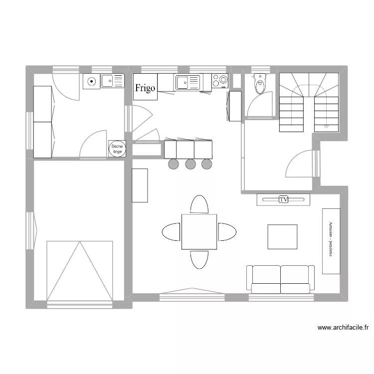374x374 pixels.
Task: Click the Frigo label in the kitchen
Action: coord(146,88)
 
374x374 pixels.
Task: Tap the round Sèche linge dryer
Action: coord(118,149)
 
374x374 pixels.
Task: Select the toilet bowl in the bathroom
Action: coord(259,86)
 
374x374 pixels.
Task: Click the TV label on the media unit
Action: coord(284,199)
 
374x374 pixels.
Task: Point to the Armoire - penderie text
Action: coord(331,241)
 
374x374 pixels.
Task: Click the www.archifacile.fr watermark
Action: coord(343,328)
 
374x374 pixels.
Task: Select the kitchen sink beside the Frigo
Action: coord(187,82)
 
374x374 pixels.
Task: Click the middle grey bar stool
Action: coord(190,164)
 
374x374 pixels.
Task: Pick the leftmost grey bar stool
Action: coord(173,164)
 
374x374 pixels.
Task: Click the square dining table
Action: coord(199,231)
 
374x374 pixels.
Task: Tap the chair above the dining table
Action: coord(199,204)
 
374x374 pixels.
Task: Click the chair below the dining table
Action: coord(199,259)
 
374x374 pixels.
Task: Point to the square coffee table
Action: coord(282,236)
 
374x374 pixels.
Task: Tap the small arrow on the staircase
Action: coord(327,126)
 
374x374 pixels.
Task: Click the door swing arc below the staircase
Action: coord(300,164)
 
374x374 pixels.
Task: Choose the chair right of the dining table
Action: coord(227,231)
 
